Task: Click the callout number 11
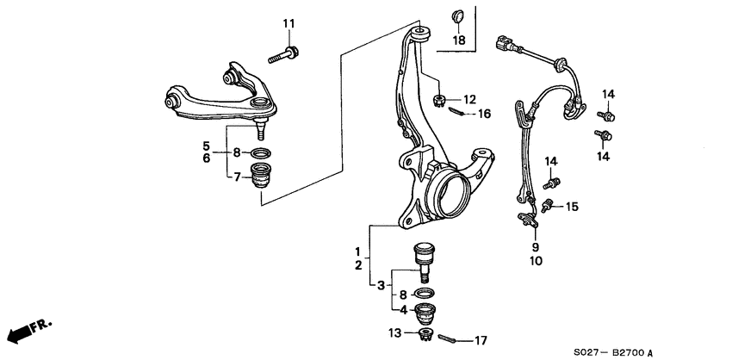pyautogui.click(x=288, y=22)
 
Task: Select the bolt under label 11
pyautogui.click(x=283, y=55)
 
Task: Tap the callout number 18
pyautogui.click(x=459, y=40)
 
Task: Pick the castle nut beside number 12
pyautogui.click(x=441, y=101)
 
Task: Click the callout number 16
pyautogui.click(x=484, y=113)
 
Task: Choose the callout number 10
pyautogui.click(x=536, y=261)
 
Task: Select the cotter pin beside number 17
pyautogui.click(x=451, y=338)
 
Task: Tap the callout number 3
pyautogui.click(x=380, y=285)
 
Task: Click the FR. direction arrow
pyautogui.click(x=28, y=331)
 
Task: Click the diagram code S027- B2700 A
pyautogui.click(x=617, y=352)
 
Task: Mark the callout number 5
pyautogui.click(x=207, y=145)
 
